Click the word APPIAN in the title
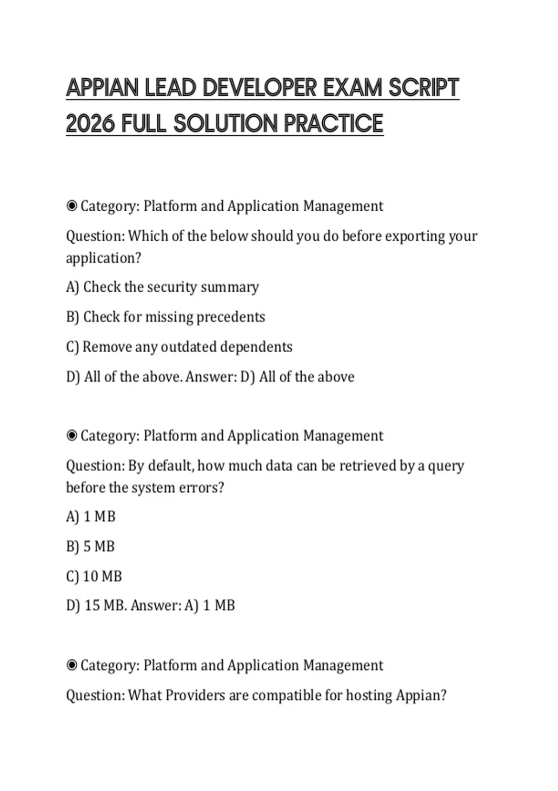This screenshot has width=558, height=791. click(102, 88)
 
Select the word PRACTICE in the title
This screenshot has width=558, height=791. click(333, 124)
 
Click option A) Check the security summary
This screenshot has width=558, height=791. click(162, 287)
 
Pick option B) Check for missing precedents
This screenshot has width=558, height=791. click(166, 317)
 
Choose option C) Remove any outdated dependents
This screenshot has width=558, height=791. click(179, 347)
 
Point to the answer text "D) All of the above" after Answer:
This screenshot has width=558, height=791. click(297, 377)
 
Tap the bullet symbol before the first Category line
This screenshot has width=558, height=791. click(72, 206)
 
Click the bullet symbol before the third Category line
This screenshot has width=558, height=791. click(72, 665)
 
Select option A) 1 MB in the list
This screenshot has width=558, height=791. click(91, 516)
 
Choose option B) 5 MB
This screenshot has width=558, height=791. click(90, 546)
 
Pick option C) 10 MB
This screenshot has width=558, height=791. click(94, 576)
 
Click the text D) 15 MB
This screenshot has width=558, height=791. click(96, 606)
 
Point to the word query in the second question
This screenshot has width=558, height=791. click(446, 466)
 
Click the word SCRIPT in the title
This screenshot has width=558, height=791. click(424, 88)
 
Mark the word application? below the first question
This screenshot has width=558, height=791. click(103, 258)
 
